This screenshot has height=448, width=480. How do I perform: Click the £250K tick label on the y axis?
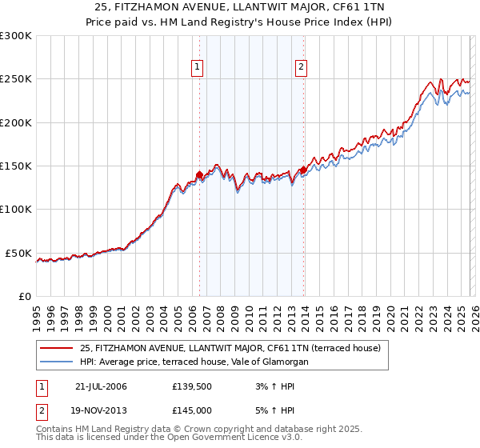16,79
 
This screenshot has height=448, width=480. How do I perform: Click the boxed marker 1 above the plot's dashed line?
197,68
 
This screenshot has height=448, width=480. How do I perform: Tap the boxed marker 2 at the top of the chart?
302,68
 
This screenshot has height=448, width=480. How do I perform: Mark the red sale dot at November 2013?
303,170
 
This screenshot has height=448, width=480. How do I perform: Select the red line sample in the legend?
57,348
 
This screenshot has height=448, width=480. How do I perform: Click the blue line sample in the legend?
57,362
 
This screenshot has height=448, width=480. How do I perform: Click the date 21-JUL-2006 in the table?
101,386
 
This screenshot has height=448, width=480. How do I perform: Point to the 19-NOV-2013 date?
101,410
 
